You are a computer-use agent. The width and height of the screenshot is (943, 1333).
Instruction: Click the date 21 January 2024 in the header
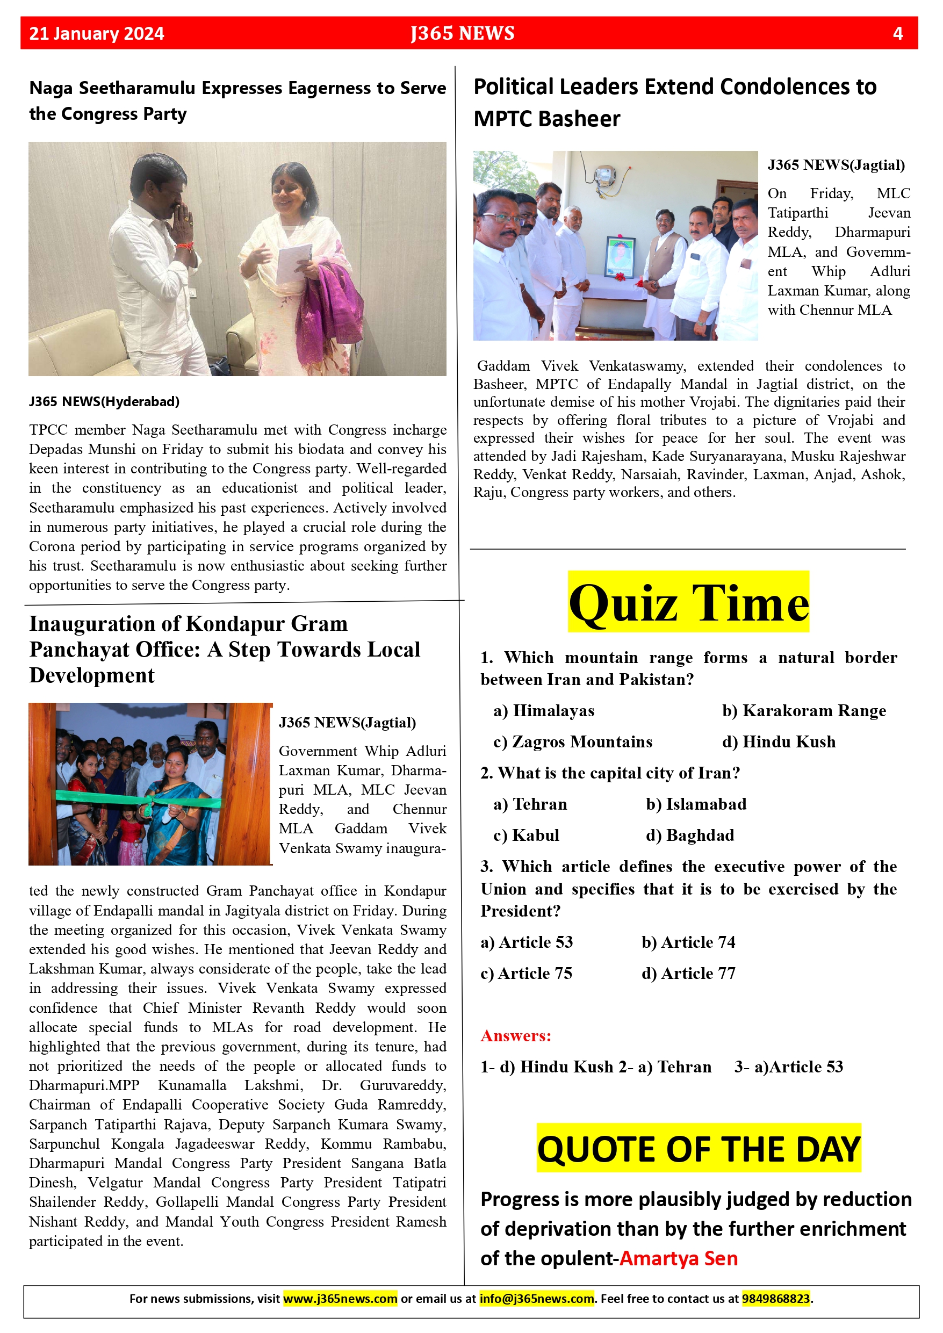click(96, 34)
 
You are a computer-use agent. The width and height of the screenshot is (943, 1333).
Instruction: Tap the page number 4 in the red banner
click(897, 34)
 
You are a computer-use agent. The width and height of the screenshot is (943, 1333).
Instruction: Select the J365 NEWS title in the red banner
click(462, 33)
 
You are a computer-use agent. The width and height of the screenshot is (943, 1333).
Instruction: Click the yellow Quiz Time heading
click(688, 603)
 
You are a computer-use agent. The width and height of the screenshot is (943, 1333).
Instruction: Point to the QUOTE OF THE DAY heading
click(699, 1149)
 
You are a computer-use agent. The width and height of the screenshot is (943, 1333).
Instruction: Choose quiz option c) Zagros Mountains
click(573, 742)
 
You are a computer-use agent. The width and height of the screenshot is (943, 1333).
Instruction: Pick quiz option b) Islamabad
click(696, 804)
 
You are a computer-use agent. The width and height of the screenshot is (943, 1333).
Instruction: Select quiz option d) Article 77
click(688, 973)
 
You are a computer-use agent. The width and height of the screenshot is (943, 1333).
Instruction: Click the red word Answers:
click(516, 1036)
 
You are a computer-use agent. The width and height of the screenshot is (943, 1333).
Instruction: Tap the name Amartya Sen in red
click(678, 1258)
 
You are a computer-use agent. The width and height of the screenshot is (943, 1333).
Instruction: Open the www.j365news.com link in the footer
click(340, 1298)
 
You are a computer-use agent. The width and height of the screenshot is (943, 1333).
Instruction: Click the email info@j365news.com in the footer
click(537, 1298)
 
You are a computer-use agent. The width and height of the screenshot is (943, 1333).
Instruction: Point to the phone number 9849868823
click(776, 1298)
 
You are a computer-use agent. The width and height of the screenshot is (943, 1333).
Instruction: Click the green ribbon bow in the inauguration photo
click(149, 805)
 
